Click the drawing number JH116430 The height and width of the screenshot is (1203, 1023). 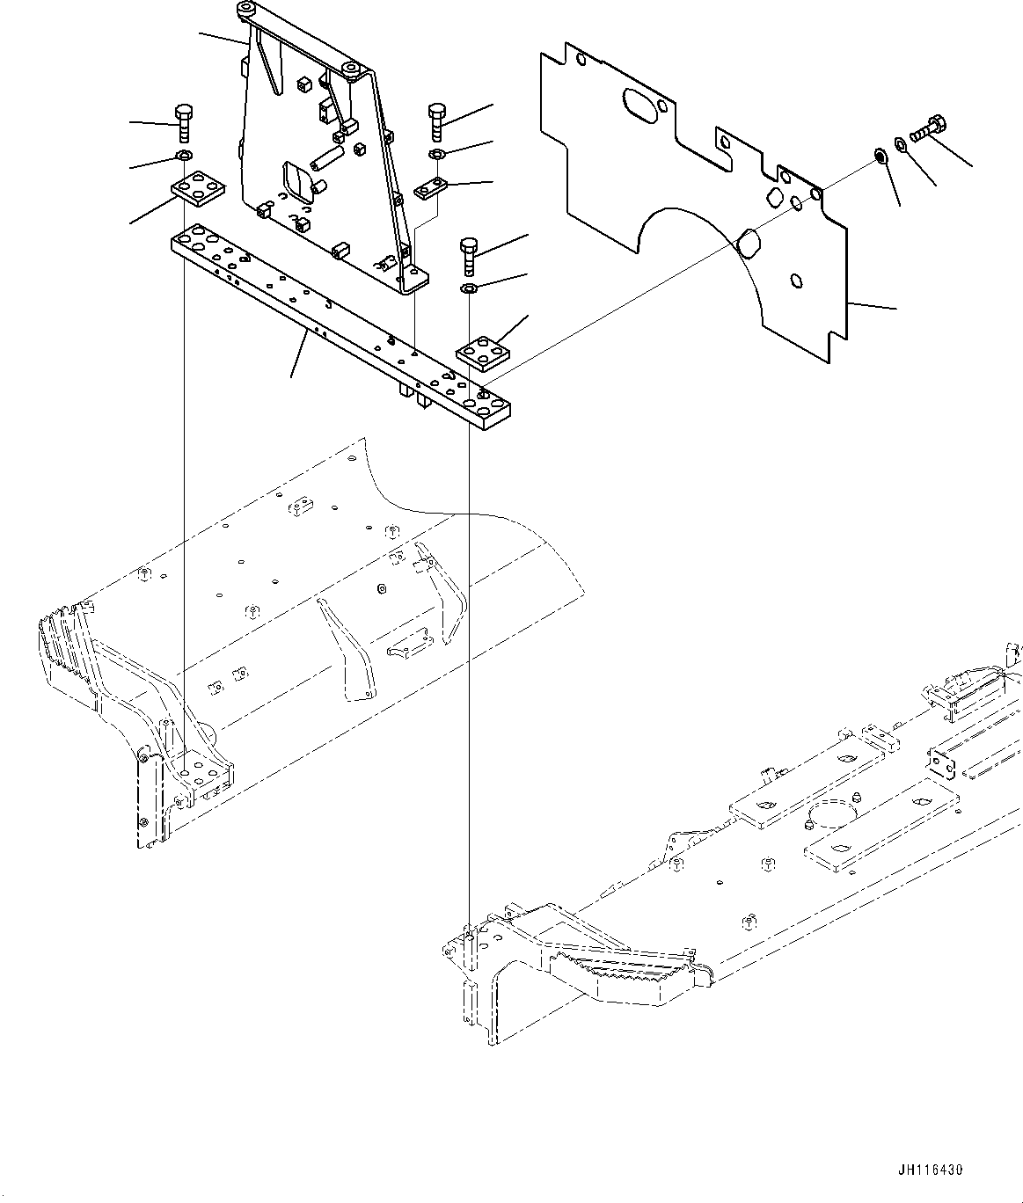pos(931,1170)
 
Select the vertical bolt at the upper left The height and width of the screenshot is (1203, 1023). pos(183,123)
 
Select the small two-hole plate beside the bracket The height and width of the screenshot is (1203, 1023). pos(432,187)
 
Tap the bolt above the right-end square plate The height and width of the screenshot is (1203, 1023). pos(469,256)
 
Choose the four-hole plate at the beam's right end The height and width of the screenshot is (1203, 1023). pos(484,354)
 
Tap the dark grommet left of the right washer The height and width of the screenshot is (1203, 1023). pos(878,157)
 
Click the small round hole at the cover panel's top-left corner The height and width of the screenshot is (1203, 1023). pos(580,62)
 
